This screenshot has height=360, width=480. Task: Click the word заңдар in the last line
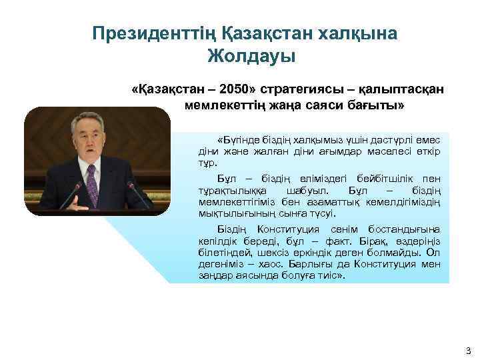(x=214, y=275)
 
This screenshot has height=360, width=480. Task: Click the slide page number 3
(x=467, y=350)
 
